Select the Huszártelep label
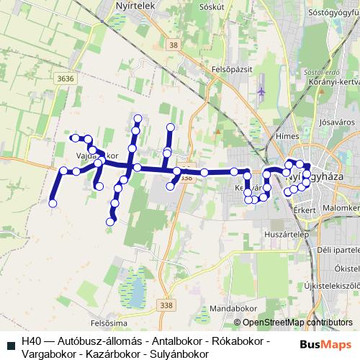287,235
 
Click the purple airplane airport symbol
261,92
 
